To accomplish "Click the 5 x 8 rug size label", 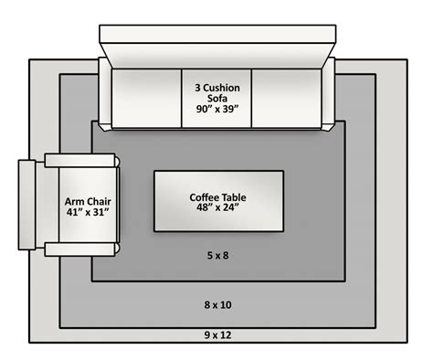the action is coord(216,256).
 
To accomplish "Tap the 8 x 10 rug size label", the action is coord(216,302).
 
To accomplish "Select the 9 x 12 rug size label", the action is coord(216,335).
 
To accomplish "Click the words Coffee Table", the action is coord(217,196).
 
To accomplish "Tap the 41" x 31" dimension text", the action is coord(81,213).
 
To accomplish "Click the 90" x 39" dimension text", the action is coord(216,108).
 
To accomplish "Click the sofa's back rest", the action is coord(216,53).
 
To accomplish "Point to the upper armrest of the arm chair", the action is coord(82,161).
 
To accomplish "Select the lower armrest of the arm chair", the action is coord(82,249).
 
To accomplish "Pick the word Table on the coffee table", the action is coord(236,196).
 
